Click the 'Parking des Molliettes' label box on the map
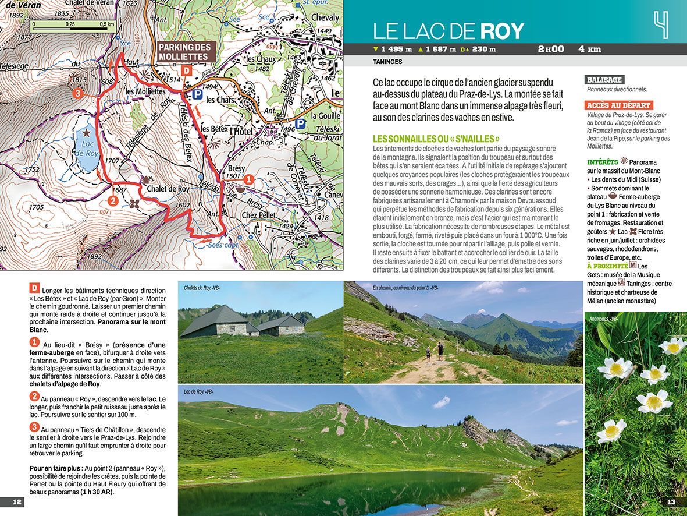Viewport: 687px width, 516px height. (x=187, y=52)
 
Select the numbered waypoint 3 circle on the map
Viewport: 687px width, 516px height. (x=77, y=93)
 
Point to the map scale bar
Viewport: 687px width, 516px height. (x=73, y=24)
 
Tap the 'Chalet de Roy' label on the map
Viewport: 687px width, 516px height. (x=168, y=189)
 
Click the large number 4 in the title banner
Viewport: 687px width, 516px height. (x=660, y=25)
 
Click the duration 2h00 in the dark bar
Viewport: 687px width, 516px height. (x=550, y=49)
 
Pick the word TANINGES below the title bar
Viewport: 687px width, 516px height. (x=387, y=62)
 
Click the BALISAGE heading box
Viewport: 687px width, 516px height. (x=604, y=80)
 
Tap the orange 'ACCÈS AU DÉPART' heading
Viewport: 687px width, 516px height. (x=618, y=105)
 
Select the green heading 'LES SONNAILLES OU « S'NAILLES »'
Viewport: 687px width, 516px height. (x=436, y=139)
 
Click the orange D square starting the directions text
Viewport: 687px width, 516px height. (x=34, y=288)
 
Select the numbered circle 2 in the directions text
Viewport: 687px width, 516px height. (x=34, y=396)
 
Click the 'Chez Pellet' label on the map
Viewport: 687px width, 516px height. (x=258, y=215)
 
